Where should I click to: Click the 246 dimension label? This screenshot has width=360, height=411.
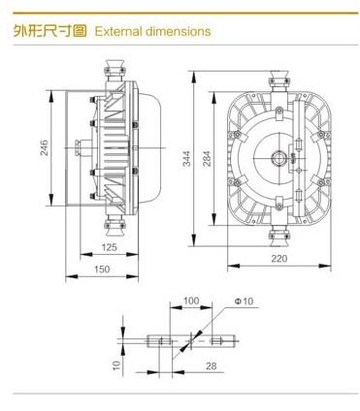(x=44, y=147)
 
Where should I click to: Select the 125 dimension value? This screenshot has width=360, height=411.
(x=109, y=247)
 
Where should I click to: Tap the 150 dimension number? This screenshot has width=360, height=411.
(x=102, y=269)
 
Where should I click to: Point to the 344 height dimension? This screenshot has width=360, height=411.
(x=186, y=158)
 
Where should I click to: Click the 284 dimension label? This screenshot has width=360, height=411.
(x=207, y=158)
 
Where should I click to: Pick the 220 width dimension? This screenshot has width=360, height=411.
(x=279, y=259)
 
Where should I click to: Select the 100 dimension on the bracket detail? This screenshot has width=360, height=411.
(x=191, y=300)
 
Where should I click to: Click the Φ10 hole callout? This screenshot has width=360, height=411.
(x=244, y=301)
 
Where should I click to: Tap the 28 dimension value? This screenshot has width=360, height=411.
(x=211, y=366)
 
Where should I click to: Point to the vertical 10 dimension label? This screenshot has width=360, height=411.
(x=116, y=365)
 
